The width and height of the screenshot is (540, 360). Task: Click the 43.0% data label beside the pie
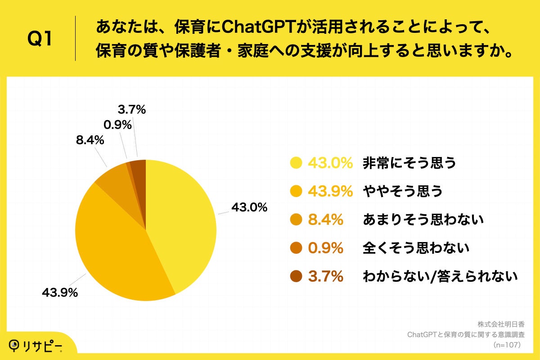coord(249,208)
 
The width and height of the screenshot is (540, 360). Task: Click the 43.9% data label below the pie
coord(60,292)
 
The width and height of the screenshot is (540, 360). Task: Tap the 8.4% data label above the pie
coord(90,140)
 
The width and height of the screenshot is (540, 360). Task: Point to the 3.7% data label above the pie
coord(132,109)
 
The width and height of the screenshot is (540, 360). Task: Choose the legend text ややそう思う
coord(403,191)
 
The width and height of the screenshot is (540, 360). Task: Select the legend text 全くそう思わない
coord(416,248)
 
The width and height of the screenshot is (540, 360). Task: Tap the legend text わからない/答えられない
coord(440,276)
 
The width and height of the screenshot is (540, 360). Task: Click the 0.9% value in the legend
coord(326,248)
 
